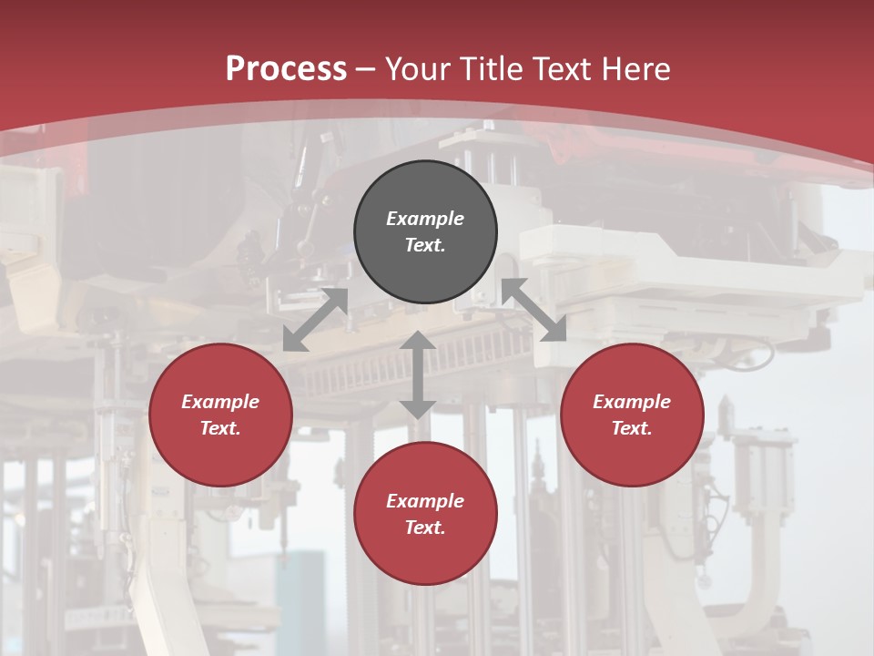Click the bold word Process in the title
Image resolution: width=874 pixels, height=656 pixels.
pos(286,69)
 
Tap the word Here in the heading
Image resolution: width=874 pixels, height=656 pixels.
pos(636,69)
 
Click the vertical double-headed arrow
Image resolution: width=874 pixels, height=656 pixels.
pos(418,375)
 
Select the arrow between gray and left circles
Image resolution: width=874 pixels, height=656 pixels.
pos(316,320)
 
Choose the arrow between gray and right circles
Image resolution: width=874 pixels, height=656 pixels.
pos(534,310)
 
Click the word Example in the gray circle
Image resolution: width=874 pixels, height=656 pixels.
pos(425,219)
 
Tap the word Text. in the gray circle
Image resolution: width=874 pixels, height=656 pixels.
pos(425,245)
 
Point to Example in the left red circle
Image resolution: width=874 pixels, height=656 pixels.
pos(220,402)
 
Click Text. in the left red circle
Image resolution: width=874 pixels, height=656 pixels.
pos(220,428)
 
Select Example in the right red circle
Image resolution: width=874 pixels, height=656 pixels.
pos(632,402)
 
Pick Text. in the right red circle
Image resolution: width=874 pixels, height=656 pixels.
pos(632,428)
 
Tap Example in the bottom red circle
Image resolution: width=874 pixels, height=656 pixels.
pos(425,501)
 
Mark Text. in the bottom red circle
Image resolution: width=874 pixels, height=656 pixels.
pos(425,528)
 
